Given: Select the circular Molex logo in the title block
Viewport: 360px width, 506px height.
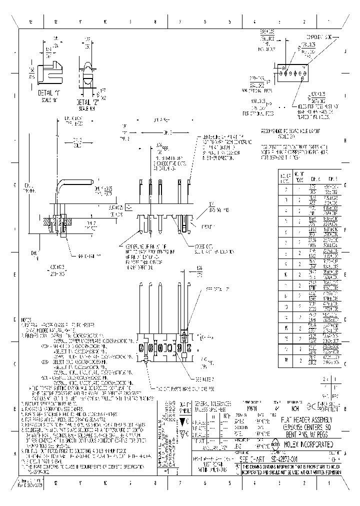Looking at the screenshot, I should point(275,443).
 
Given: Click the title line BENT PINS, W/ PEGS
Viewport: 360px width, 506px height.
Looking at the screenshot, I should point(306,433).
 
